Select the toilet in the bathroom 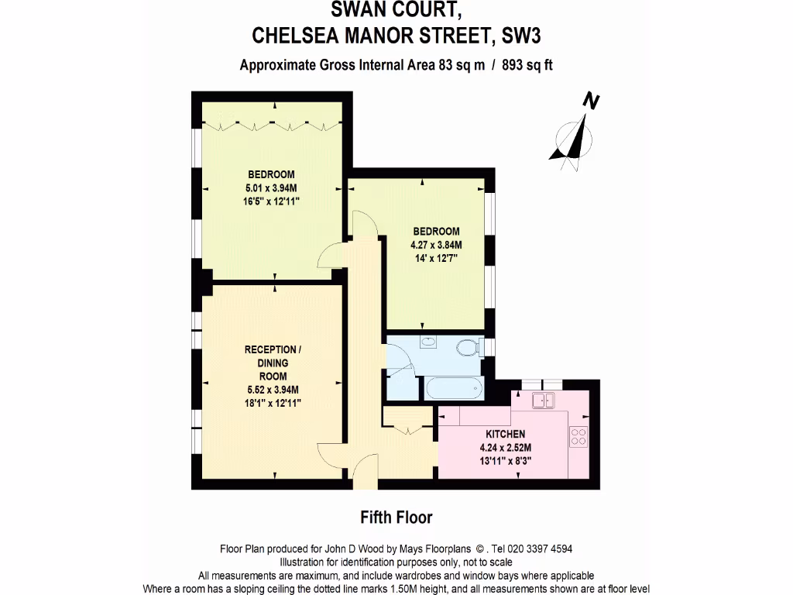469,347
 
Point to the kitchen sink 544,400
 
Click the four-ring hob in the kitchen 578,436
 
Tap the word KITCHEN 505,434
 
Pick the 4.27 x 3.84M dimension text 435,245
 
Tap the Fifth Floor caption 396,517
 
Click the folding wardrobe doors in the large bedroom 271,123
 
